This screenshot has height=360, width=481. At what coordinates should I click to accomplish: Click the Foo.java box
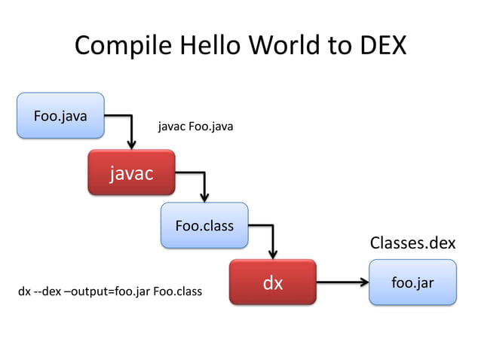(60, 115)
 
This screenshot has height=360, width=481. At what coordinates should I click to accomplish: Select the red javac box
(131, 173)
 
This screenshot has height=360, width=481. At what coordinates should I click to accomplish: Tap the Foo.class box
(204, 225)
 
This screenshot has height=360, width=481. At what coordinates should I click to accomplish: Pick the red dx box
(272, 282)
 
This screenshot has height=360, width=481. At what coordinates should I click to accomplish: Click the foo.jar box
(412, 282)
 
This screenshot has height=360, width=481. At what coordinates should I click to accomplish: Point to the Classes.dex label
(412, 243)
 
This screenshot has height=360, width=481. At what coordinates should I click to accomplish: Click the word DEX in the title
(380, 46)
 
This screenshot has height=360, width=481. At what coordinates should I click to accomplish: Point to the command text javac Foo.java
(195, 127)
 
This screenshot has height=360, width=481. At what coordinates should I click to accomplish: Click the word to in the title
(340, 46)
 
